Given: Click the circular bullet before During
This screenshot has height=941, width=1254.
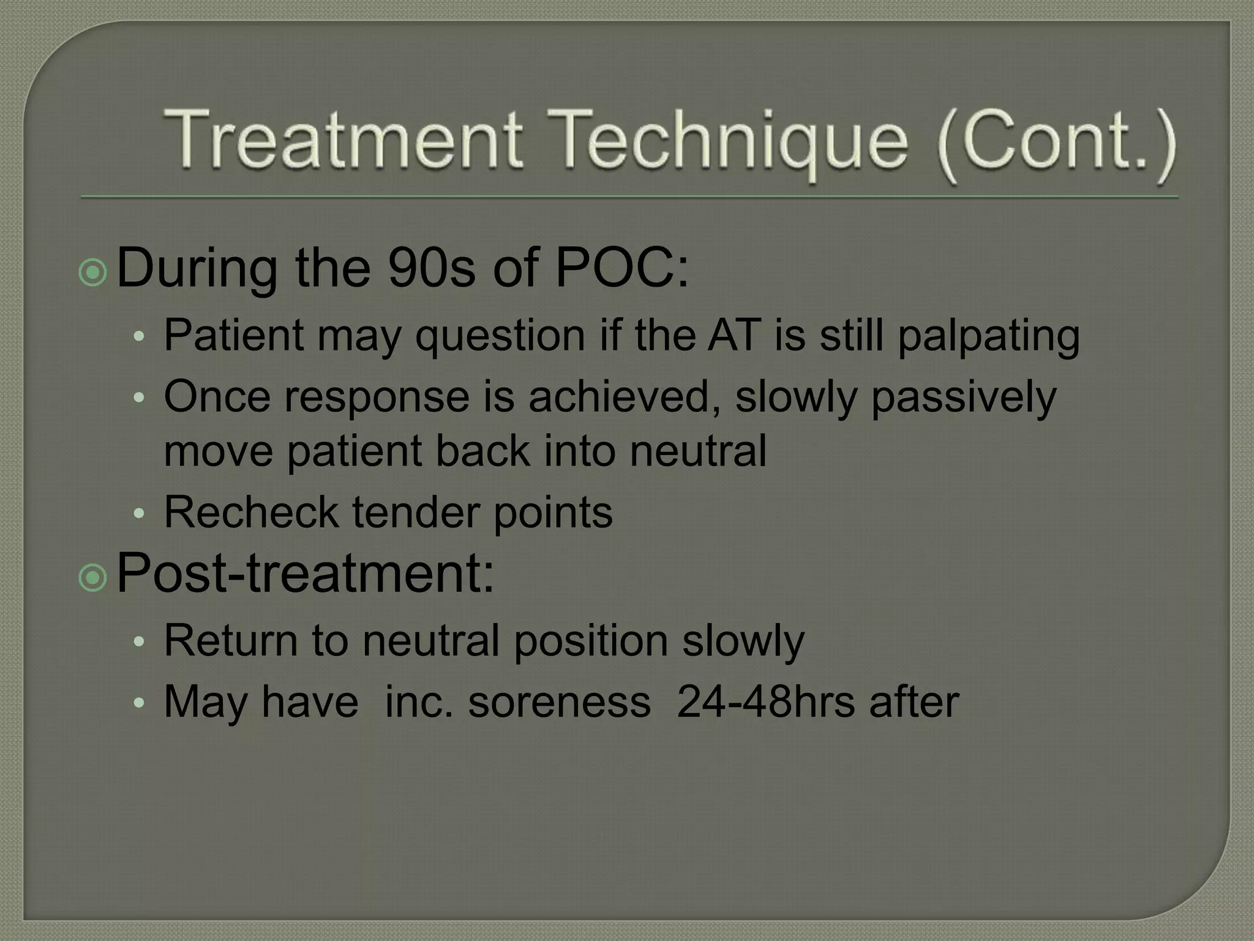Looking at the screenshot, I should pyautogui.click(x=93, y=272).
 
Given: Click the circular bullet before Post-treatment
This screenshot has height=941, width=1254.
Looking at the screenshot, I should pyautogui.click(x=93, y=577).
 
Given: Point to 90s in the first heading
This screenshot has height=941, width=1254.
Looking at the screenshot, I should pyautogui.click(x=431, y=268).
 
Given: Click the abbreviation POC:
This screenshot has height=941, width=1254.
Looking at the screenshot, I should pyautogui.click(x=621, y=268).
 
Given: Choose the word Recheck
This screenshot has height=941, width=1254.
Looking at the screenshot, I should pyautogui.click(x=251, y=512).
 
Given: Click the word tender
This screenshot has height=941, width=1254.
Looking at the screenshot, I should pyautogui.click(x=416, y=512).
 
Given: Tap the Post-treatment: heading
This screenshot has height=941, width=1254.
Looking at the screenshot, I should pyautogui.click(x=305, y=573).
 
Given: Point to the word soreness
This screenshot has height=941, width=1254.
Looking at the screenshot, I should pyautogui.click(x=559, y=702).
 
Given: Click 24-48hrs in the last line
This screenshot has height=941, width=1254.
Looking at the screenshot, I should pyautogui.click(x=766, y=702).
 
